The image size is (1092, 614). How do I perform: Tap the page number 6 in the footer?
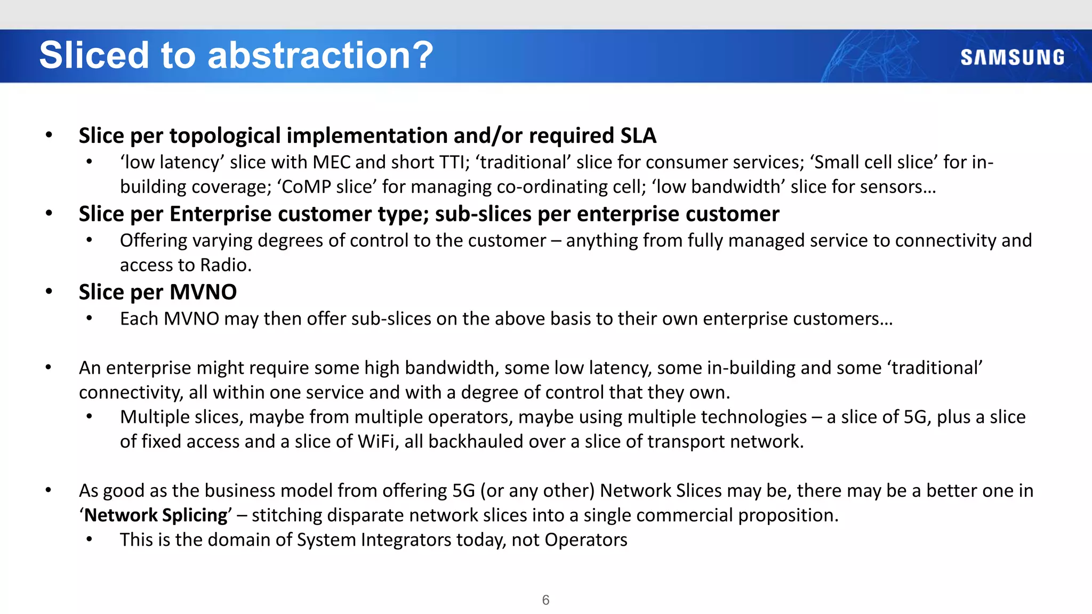[x=545, y=600]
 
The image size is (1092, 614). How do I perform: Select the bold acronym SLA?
[x=638, y=135]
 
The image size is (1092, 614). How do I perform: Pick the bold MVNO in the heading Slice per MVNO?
[x=203, y=292]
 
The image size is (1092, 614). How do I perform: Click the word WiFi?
[x=376, y=441]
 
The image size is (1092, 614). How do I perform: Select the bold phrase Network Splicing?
[x=156, y=515]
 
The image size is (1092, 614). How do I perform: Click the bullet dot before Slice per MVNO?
[x=49, y=292]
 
